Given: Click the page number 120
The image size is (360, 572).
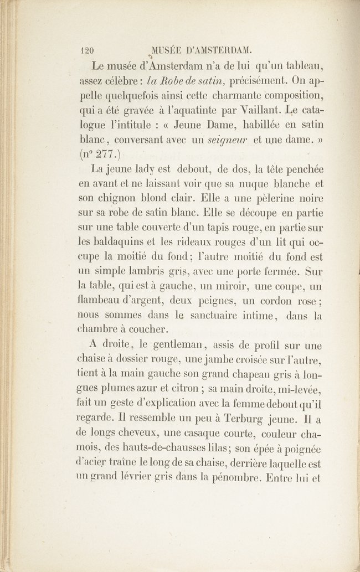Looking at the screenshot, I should point(85,49).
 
